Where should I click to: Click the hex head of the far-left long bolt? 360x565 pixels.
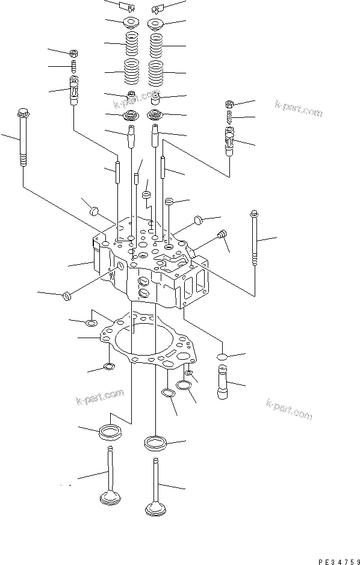tap(22, 112)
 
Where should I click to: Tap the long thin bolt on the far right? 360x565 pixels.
tap(255, 238)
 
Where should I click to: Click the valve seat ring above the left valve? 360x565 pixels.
tap(110, 431)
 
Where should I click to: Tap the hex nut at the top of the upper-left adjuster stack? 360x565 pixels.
tap(74, 54)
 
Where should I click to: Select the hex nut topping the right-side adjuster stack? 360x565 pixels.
tap(229, 105)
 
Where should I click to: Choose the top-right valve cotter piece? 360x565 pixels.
tap(158, 7)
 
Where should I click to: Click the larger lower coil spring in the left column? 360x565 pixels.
tap(131, 71)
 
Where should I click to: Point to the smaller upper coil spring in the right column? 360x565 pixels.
tap(156, 45)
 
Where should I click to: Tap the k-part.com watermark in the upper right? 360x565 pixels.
tap(299, 108)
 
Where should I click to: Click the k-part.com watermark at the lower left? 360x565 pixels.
tap(100, 397)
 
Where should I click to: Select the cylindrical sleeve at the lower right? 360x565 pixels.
tap(223, 382)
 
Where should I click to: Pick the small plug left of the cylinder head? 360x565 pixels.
tap(66, 297)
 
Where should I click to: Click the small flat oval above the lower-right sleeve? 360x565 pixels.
tap(223, 357)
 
